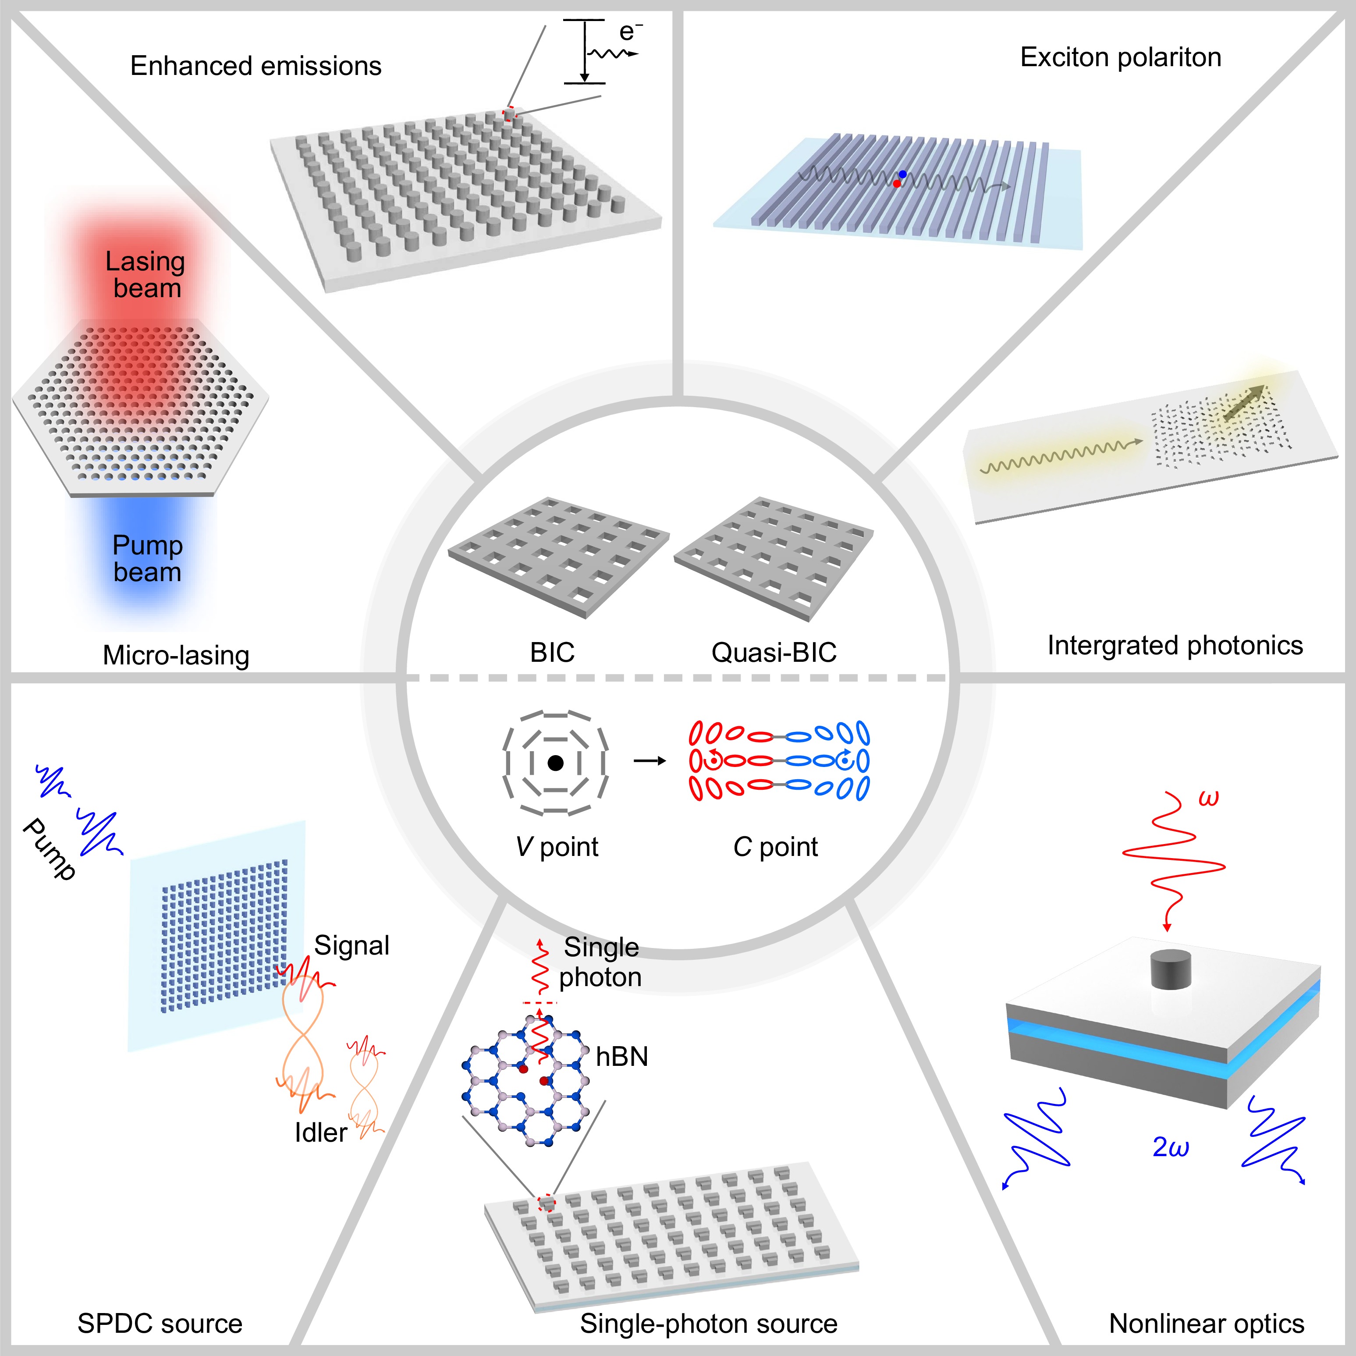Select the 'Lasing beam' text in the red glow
146,274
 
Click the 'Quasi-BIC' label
774,652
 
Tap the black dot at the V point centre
555,763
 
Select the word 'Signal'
351,945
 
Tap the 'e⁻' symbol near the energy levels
629,32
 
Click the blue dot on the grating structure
902,174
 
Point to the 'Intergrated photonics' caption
1175,645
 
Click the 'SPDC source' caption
160,1323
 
